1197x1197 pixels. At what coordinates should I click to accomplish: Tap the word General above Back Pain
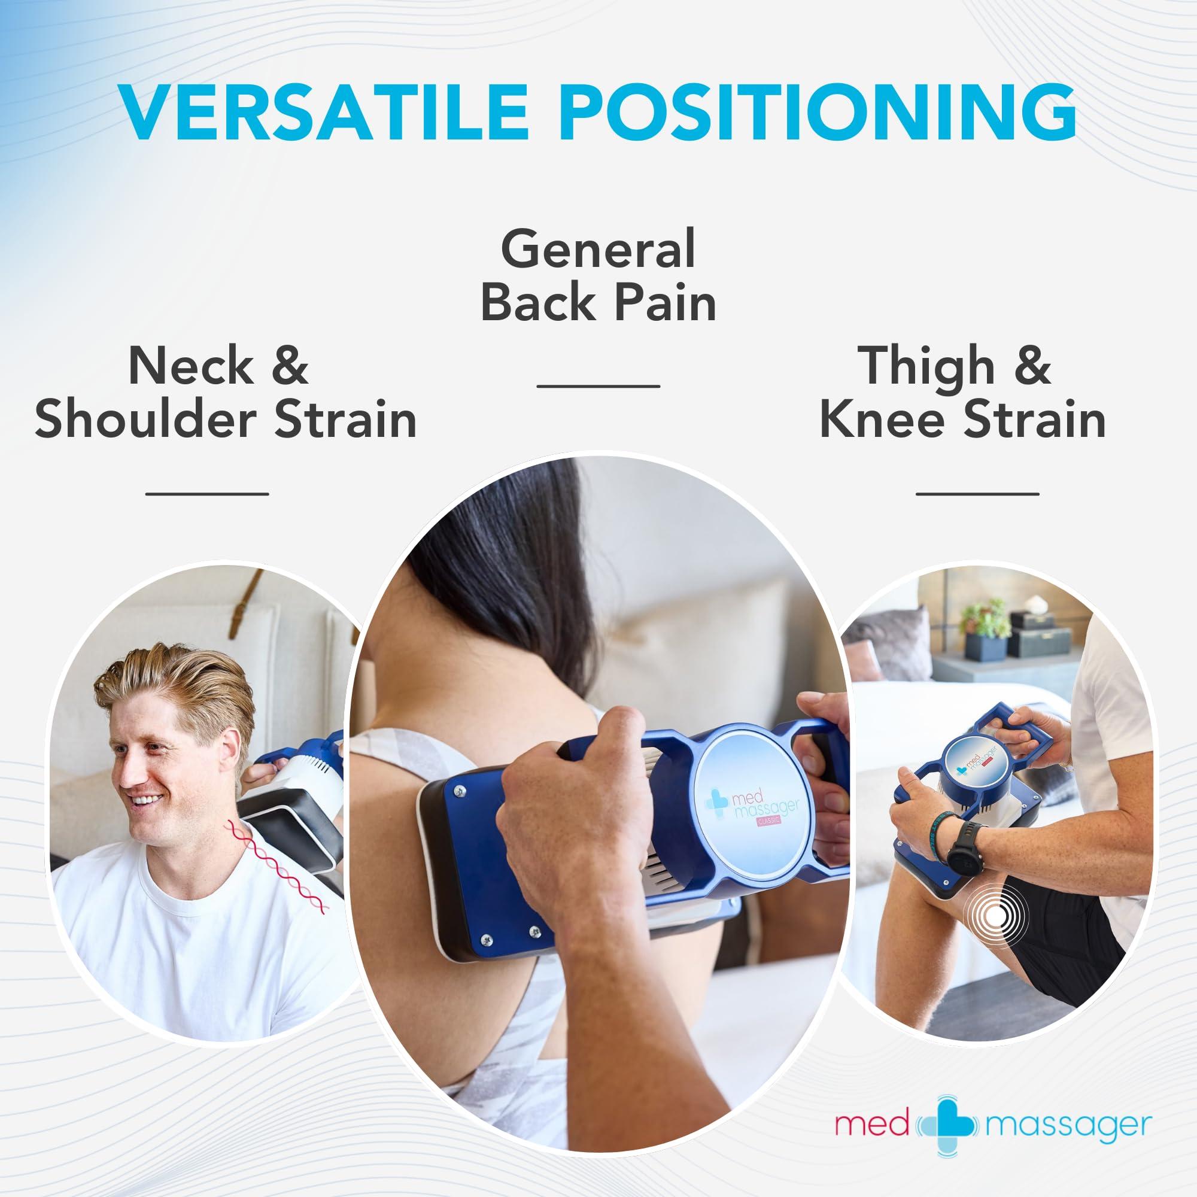click(x=598, y=249)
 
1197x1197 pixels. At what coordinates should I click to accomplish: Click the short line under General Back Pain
click(x=598, y=385)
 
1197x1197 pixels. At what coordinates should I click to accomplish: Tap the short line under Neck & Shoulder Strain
click(x=207, y=494)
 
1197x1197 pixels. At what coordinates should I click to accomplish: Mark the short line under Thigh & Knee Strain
click(x=977, y=494)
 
